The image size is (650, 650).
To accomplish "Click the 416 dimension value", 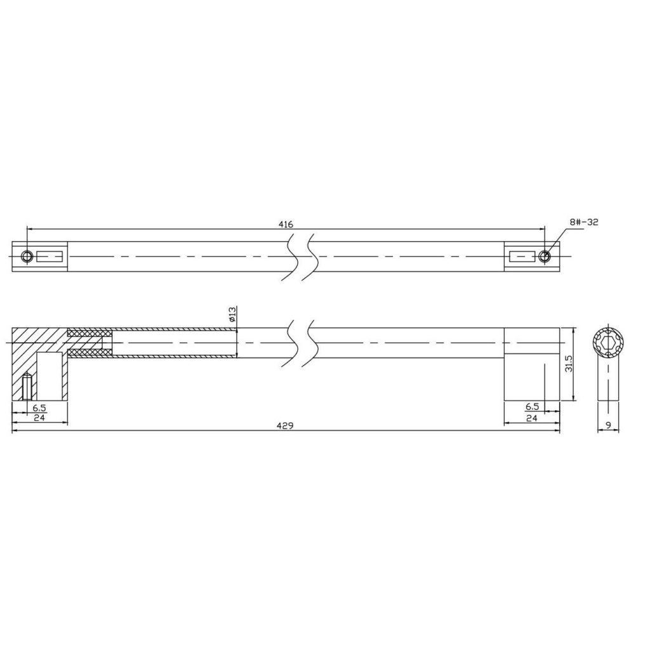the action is pyautogui.click(x=286, y=224).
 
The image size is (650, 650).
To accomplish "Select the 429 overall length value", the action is pyautogui.click(x=286, y=426).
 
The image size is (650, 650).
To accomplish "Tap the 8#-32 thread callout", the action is pyautogui.click(x=584, y=222).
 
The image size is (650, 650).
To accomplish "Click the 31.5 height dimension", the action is pyautogui.click(x=569, y=363).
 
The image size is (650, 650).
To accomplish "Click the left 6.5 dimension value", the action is pyautogui.click(x=39, y=408).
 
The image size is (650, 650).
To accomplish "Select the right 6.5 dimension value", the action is pyautogui.click(x=532, y=408).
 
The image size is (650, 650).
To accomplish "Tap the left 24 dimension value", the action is pyautogui.click(x=39, y=418).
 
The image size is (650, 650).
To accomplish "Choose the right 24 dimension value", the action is pyautogui.click(x=532, y=418).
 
